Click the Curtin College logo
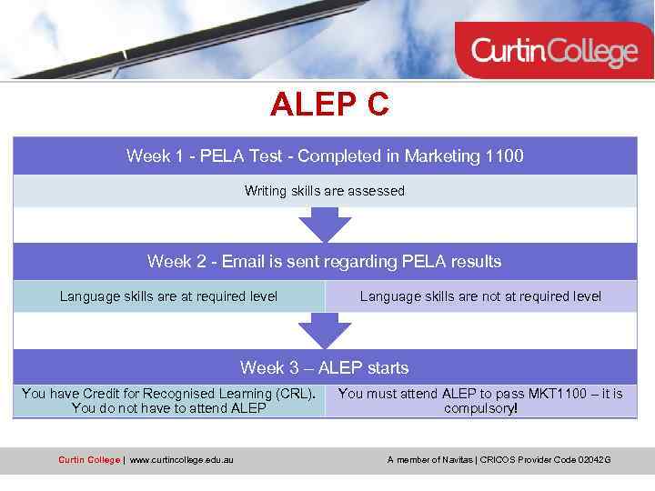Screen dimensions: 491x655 [x=554, y=51]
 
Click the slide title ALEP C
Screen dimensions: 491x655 [x=329, y=105]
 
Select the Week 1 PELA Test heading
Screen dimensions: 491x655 [x=325, y=156]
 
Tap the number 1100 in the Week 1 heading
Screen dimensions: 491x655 [x=505, y=156]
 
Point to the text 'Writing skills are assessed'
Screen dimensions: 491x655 [x=325, y=191]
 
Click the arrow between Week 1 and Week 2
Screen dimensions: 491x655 [x=325, y=224]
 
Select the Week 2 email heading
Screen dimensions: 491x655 [x=325, y=262]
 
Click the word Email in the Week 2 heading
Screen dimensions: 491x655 [x=243, y=262]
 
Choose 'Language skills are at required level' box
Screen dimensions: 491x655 [x=169, y=296]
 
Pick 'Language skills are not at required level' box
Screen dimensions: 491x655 [x=480, y=296]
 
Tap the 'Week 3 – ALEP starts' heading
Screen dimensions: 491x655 [x=325, y=368]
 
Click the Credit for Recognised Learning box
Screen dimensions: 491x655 [x=169, y=401]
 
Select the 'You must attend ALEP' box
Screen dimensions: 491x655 [x=480, y=401]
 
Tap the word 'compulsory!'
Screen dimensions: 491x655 [x=480, y=409]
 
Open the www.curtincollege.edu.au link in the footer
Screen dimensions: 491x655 [x=181, y=460]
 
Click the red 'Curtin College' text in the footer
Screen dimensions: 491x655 [x=88, y=460]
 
